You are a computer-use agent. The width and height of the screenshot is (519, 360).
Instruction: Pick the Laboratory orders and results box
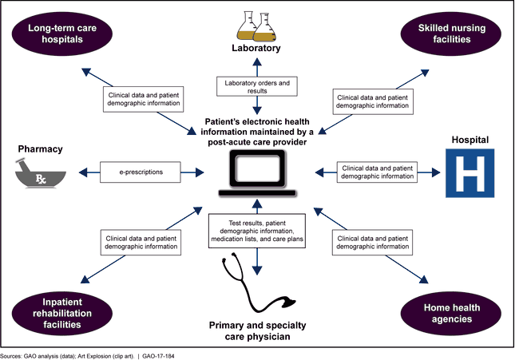tap(257, 87)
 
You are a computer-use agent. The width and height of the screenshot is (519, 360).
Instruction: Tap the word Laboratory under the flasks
tap(257, 49)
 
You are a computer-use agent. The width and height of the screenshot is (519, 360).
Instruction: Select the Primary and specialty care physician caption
tap(258, 330)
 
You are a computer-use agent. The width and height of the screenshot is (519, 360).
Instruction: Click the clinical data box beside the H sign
tap(376, 172)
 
